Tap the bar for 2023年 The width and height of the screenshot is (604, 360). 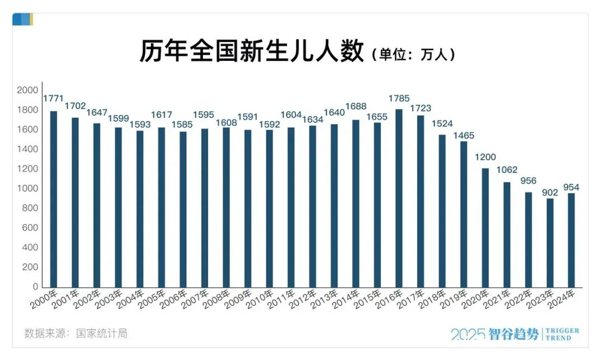[x=550, y=243]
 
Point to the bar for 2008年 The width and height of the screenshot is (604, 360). [x=226, y=207]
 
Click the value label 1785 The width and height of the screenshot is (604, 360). [x=399, y=99]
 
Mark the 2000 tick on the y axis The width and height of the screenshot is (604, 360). [x=27, y=91]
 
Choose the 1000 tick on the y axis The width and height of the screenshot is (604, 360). [x=27, y=189]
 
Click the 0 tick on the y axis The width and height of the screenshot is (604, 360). [x=35, y=287]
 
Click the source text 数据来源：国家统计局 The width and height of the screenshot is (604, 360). [x=76, y=334]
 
